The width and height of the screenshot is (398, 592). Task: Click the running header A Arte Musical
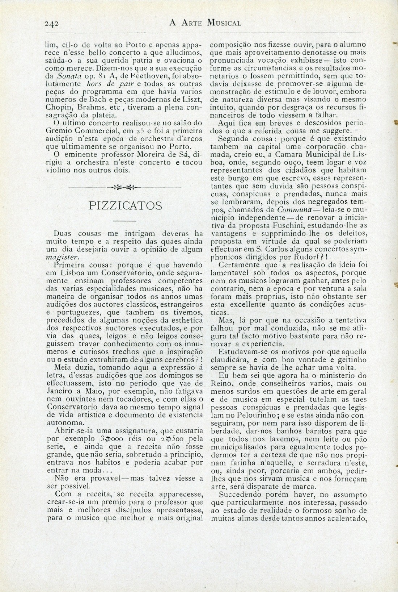click(x=205, y=24)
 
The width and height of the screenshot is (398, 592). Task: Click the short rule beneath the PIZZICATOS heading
click(x=124, y=221)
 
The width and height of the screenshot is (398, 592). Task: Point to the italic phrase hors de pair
click(x=86, y=84)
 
